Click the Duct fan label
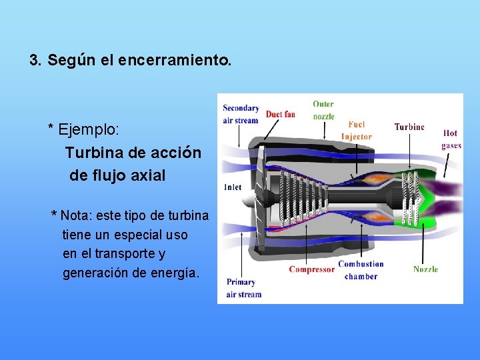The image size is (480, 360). pos(280,115)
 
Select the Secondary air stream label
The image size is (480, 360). pos(241,114)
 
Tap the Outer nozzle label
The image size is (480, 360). pos(324,110)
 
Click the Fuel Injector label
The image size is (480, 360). pos(357,131)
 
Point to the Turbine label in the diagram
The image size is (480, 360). pos(409,127)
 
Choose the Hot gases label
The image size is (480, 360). pos(451,139)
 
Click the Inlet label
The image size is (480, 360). pos(233,187)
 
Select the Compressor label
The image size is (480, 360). pos(311,269)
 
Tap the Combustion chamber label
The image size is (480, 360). pos(361,270)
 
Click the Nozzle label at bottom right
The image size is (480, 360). pos(425,269)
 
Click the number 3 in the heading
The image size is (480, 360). pos(34,61)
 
